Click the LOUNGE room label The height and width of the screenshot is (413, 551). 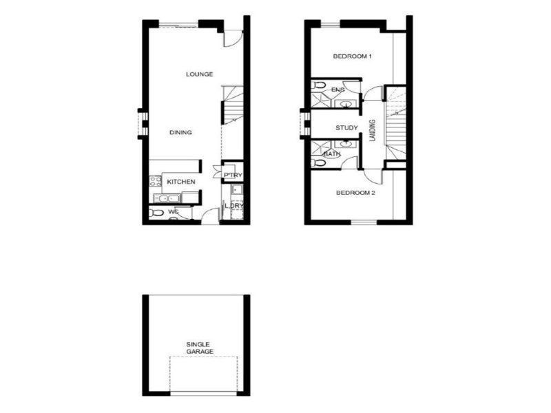pyautogui.click(x=199, y=74)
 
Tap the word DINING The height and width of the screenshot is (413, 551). pyautogui.click(x=181, y=133)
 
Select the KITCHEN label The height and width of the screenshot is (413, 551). pyautogui.click(x=181, y=182)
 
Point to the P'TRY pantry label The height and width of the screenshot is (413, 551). pyautogui.click(x=230, y=176)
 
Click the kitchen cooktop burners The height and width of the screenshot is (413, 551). pyautogui.click(x=154, y=182)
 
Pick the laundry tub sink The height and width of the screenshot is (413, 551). pyautogui.click(x=236, y=190)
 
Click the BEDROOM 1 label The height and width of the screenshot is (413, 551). pyautogui.click(x=353, y=56)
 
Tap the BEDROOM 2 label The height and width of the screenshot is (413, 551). pyautogui.click(x=355, y=193)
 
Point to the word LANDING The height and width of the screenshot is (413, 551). pyautogui.click(x=373, y=131)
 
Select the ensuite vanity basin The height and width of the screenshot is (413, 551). pyautogui.click(x=347, y=105)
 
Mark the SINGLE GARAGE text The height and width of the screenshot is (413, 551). pyautogui.click(x=198, y=348)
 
